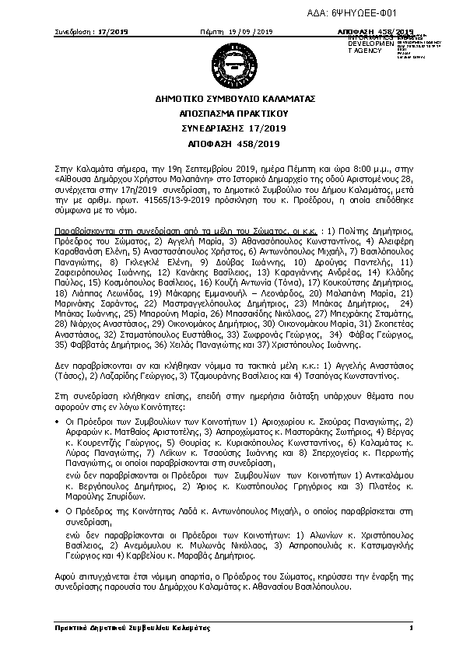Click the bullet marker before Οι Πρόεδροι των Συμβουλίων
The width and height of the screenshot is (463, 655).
(x=58, y=420)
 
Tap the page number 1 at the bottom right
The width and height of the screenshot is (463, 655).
(x=409, y=627)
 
